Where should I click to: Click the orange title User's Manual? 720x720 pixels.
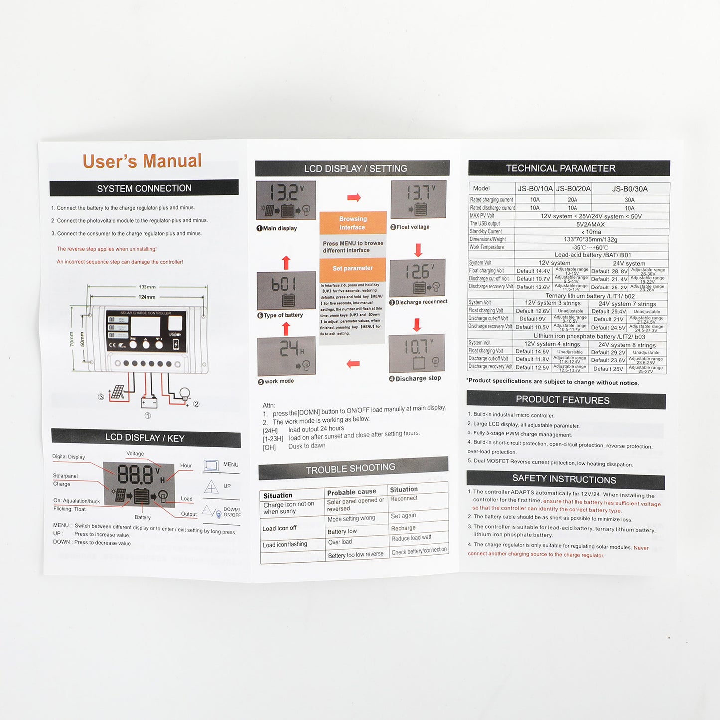point(142,161)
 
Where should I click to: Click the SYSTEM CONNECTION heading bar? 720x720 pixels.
point(144,188)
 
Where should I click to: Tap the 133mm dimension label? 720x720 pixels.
point(147,287)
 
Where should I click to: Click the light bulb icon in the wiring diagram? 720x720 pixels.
point(185,394)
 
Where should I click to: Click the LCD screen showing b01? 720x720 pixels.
point(286,290)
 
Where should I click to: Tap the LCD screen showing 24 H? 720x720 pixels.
point(287,356)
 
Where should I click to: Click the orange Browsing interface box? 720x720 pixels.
point(353,223)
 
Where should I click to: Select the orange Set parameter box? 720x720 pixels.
point(353,268)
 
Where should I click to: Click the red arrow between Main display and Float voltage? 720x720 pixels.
point(354,198)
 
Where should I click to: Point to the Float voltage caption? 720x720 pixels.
point(413,227)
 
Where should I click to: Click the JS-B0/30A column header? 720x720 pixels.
point(630,189)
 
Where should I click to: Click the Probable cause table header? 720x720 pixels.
point(352,492)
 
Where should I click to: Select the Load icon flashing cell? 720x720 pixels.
point(285,544)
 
